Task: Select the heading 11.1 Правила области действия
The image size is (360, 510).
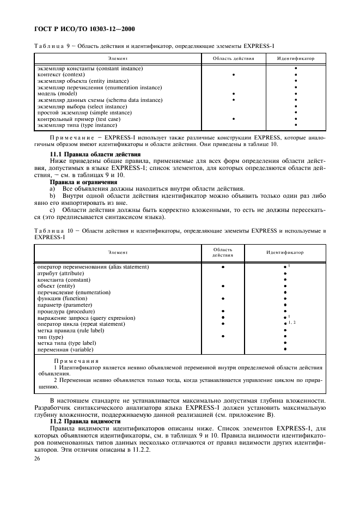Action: (x=95, y=155)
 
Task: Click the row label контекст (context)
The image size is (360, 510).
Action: (x=60, y=75)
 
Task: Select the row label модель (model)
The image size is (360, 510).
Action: (x=57, y=93)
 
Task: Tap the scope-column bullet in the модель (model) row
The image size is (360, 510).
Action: (x=233, y=94)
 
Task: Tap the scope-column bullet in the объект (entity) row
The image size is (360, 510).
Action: (x=223, y=286)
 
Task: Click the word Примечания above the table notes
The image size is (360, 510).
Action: (x=76, y=361)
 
